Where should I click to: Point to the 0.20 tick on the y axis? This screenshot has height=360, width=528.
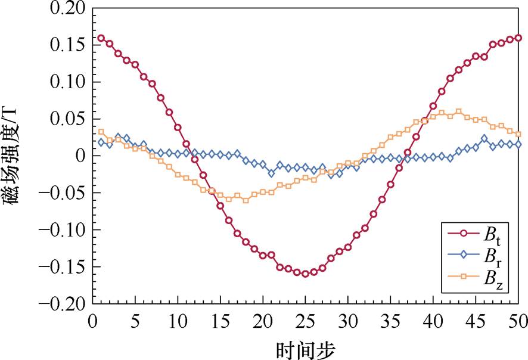click(x=73, y=8)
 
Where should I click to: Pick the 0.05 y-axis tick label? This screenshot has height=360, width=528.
click(x=73, y=119)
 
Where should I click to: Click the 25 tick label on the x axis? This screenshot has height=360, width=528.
click(x=305, y=321)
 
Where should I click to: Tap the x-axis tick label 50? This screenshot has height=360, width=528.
click(x=517, y=321)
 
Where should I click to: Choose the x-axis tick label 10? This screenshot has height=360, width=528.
click(x=178, y=321)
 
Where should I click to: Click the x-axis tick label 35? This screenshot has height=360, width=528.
click(x=390, y=321)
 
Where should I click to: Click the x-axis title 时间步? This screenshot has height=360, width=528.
click(x=305, y=347)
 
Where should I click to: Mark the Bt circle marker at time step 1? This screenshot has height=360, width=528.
click(x=101, y=38)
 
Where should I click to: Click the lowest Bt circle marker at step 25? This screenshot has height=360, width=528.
click(x=305, y=274)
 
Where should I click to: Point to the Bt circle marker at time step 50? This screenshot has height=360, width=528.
click(x=518, y=38)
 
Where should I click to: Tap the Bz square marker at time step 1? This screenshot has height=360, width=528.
click(x=101, y=132)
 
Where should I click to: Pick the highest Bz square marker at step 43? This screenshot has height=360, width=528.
click(x=458, y=111)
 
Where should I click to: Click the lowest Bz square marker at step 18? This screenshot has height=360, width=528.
click(x=246, y=200)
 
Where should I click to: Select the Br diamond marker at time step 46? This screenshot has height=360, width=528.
click(x=484, y=139)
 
